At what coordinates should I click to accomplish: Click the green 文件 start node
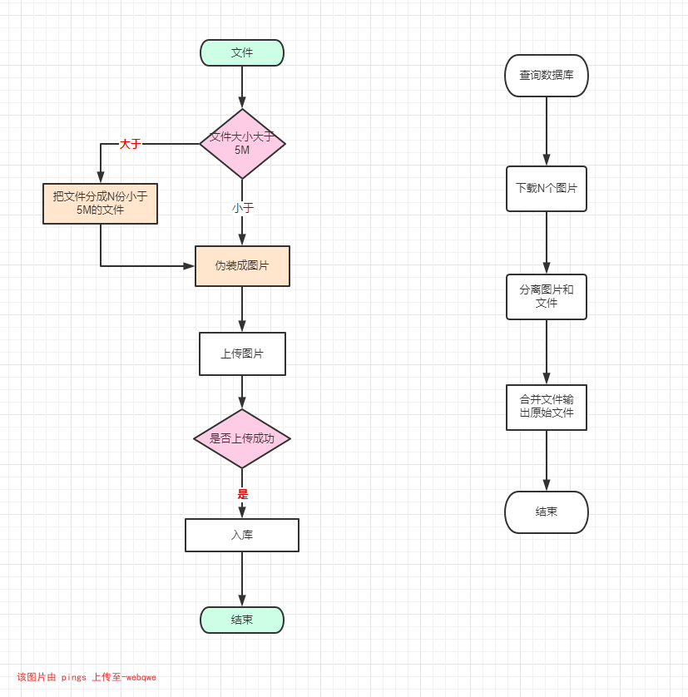242,52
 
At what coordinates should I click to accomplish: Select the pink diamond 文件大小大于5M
242,143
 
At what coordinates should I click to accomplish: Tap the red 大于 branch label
130,144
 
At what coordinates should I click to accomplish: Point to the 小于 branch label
243,208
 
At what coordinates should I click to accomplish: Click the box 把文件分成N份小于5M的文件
101,204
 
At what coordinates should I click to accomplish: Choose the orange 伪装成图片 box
242,266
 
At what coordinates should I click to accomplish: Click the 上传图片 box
242,353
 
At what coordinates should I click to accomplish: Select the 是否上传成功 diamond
242,438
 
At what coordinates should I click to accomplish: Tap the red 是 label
243,494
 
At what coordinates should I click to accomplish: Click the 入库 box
242,535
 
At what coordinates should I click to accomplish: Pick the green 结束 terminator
242,620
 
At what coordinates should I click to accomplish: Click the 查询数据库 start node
547,76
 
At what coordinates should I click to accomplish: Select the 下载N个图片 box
547,189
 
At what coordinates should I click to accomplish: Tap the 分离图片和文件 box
547,297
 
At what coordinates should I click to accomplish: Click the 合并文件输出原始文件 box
547,407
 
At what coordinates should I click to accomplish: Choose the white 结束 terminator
547,512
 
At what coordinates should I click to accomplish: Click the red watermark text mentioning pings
87,677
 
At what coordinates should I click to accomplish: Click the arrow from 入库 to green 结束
242,579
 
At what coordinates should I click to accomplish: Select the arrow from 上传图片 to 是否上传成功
242,392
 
